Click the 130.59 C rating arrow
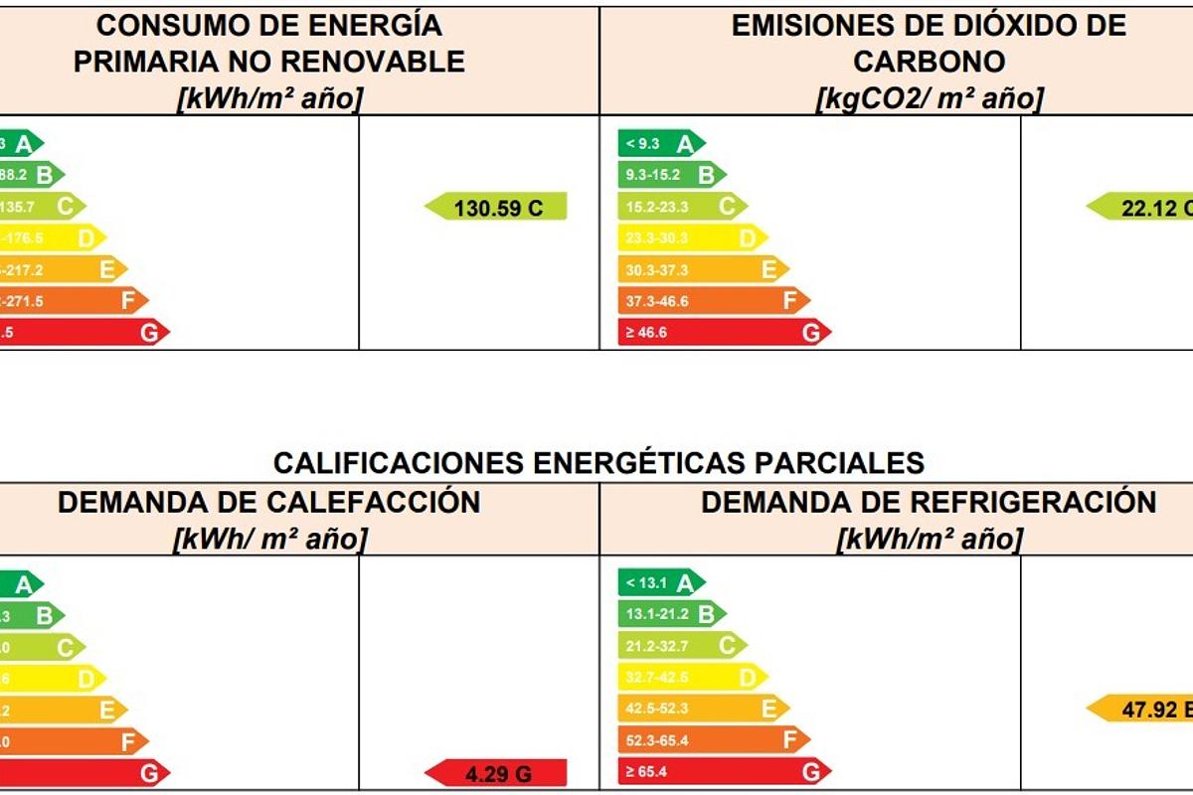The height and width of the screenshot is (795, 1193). (x=496, y=207)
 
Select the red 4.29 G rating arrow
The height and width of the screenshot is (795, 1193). (x=496, y=773)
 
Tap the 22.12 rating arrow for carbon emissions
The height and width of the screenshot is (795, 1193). (x=1141, y=207)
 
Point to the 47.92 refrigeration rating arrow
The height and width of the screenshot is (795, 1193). (x=1141, y=710)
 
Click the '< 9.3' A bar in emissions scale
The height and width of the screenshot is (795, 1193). (x=660, y=144)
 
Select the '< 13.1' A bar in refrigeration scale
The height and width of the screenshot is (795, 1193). (x=660, y=583)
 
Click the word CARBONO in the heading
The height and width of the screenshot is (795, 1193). (x=929, y=62)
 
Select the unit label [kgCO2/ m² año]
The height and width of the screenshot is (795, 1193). (x=929, y=98)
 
